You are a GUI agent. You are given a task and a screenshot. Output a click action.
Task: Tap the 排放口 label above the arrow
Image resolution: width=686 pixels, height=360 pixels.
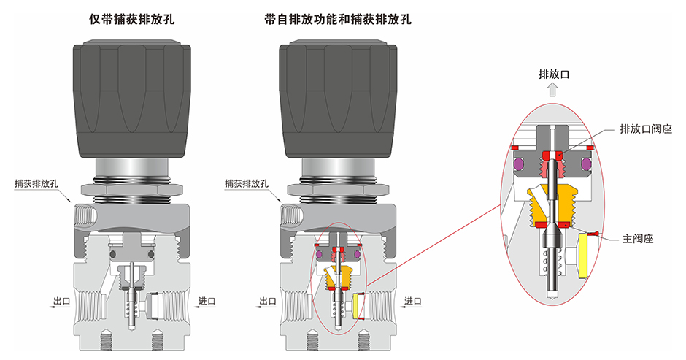(552, 74)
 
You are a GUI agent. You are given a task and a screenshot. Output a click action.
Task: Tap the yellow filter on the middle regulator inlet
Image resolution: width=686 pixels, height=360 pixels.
(358, 307)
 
